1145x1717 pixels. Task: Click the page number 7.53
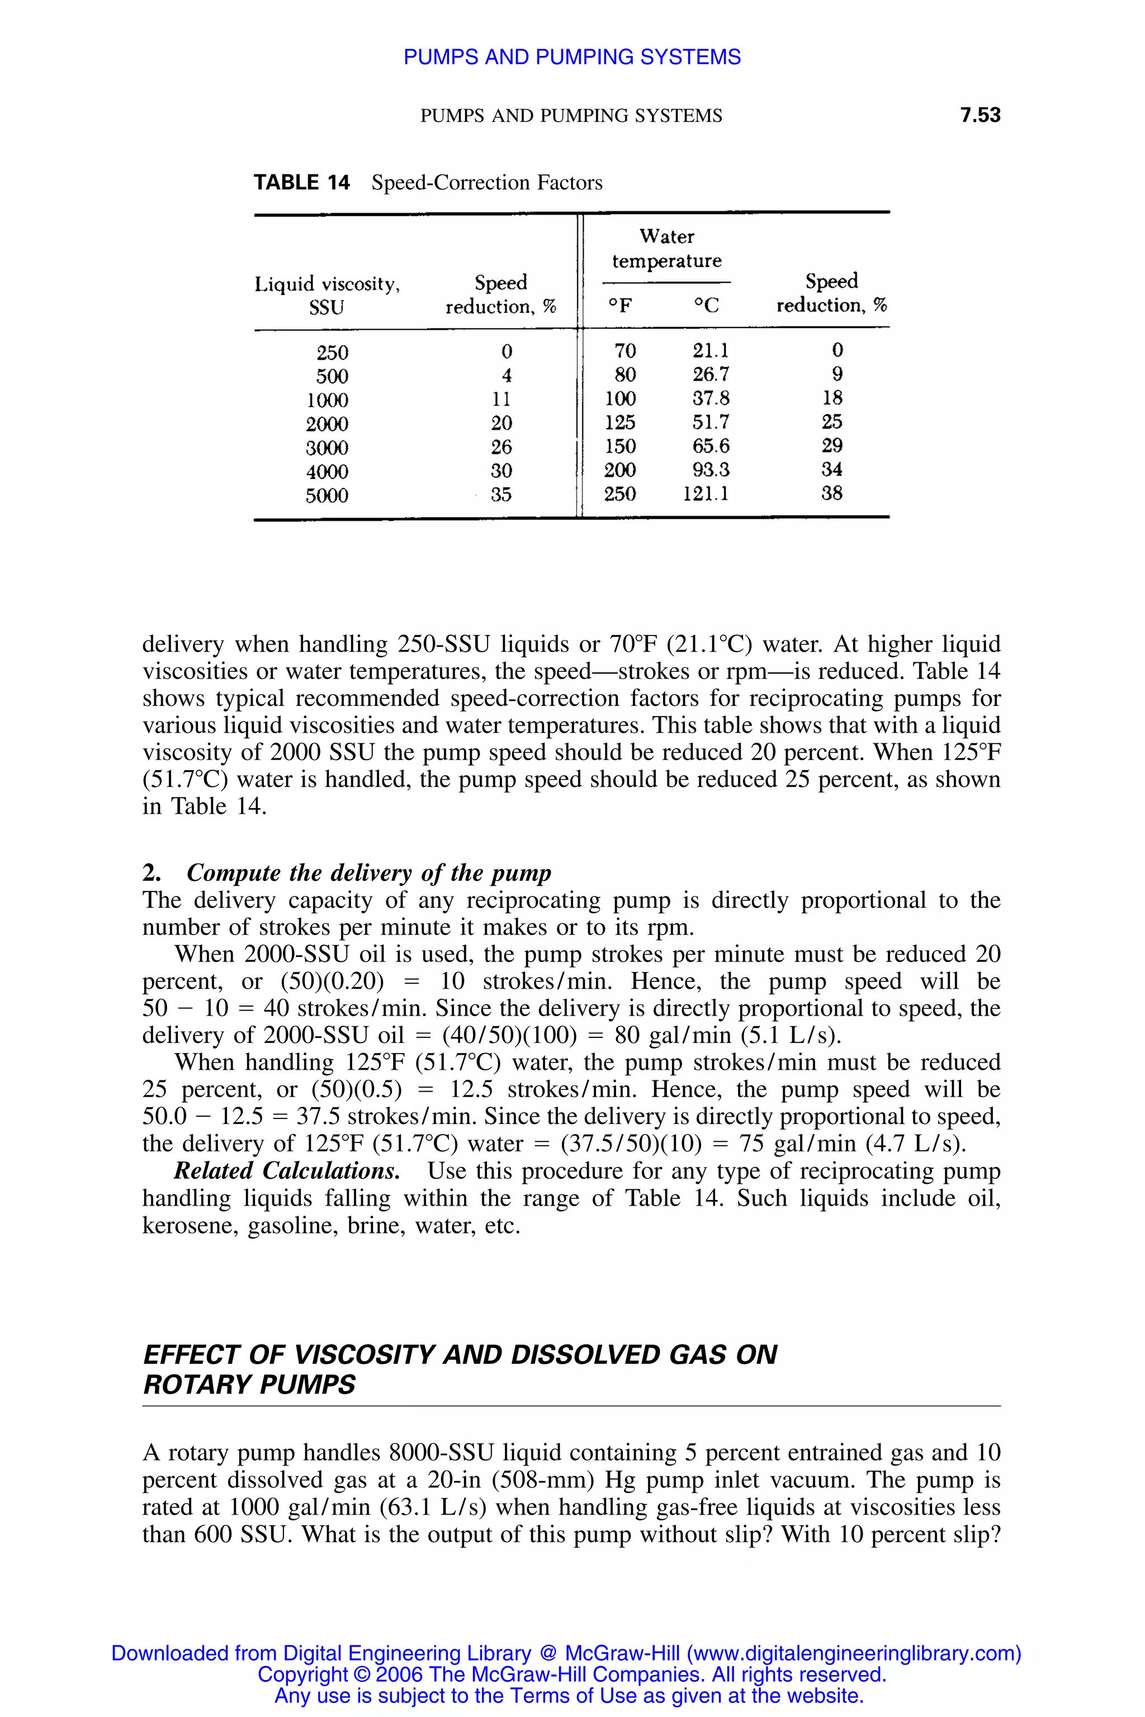coord(980,115)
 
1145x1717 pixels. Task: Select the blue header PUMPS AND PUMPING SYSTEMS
coord(572,57)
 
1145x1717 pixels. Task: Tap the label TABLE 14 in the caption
coord(301,183)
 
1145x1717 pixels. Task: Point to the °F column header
coord(620,305)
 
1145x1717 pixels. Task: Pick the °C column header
coord(706,305)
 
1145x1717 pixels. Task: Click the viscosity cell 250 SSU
coord(332,353)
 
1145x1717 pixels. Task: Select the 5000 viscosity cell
coord(327,496)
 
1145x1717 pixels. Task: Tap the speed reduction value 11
coord(501,399)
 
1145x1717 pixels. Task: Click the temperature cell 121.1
coord(706,494)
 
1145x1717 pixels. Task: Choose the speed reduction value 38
coord(832,494)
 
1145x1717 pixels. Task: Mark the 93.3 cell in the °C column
coord(711,469)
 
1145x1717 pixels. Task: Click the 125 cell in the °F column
coord(620,422)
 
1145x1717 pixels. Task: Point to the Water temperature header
coord(666,248)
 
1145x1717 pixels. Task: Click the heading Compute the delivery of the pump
coord(369,872)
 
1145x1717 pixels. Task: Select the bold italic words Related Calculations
coord(286,1170)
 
